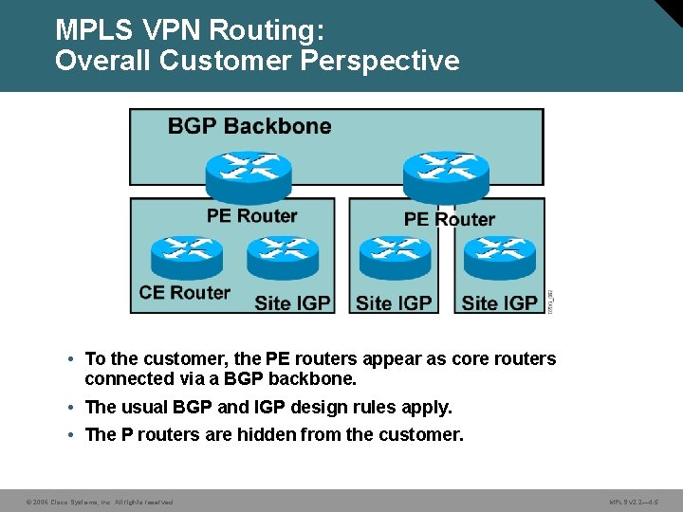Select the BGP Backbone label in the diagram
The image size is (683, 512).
249,126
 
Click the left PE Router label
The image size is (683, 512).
252,215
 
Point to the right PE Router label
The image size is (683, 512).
450,219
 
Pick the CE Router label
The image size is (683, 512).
184,292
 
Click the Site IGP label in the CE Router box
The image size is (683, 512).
292,303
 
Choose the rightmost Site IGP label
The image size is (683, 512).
500,303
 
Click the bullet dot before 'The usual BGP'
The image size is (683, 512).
72,408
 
